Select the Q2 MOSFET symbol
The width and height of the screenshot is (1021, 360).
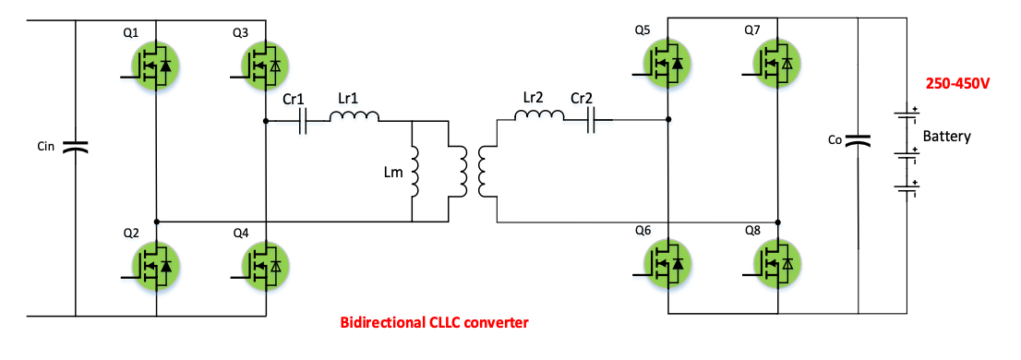click(x=152, y=266)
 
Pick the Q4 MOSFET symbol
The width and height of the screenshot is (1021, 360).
click(x=264, y=266)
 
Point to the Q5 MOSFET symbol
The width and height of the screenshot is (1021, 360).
click(x=667, y=65)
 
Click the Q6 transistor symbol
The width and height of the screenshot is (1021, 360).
click(x=667, y=265)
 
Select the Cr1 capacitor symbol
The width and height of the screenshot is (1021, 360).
click(x=303, y=121)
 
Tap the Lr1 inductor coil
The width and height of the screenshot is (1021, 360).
click(x=354, y=117)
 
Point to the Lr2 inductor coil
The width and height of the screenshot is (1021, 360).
click(x=539, y=117)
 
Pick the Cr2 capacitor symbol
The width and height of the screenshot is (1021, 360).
click(x=592, y=120)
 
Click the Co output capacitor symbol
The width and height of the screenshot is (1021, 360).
click(x=859, y=140)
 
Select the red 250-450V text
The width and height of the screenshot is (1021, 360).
click(x=957, y=84)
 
